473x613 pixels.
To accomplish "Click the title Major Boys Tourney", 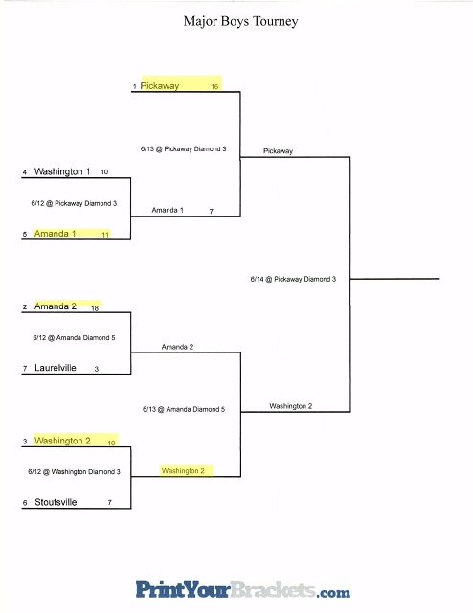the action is click(x=240, y=21).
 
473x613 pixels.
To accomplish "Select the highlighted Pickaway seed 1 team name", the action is click(x=160, y=85).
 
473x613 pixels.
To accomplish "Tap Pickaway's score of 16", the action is click(x=214, y=86).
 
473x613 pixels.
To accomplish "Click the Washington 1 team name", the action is click(x=62, y=171).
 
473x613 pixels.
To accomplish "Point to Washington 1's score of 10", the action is click(x=104, y=171).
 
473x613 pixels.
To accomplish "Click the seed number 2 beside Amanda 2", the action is click(x=25, y=306).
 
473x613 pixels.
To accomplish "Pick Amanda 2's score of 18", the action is click(x=95, y=308).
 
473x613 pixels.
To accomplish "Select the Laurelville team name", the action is click(x=56, y=368).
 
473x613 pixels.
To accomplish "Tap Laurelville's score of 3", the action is click(x=96, y=369).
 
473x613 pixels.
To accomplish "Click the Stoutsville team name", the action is click(x=56, y=502).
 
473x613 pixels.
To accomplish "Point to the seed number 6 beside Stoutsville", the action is click(x=25, y=503).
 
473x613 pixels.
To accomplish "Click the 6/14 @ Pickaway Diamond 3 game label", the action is click(x=293, y=279).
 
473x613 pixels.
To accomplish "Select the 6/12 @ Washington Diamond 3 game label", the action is click(x=74, y=472).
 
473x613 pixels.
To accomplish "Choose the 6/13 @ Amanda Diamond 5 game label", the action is click(x=184, y=409).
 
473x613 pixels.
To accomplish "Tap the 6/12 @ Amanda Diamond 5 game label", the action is click(x=74, y=337).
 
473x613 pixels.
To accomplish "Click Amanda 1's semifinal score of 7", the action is click(x=211, y=211).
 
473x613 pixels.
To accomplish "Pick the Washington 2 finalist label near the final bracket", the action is click(x=290, y=406).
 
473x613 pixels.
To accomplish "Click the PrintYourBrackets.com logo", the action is click(x=243, y=590).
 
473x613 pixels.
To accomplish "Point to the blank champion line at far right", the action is click(x=394, y=279).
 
